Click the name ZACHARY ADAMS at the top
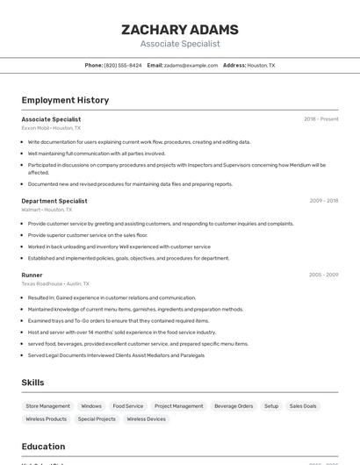[x=180, y=30]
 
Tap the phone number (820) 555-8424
[x=123, y=65]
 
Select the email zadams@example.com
[x=191, y=65]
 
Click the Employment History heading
[x=65, y=100]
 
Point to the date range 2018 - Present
[x=320, y=119]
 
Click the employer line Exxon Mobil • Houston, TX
[x=51, y=128]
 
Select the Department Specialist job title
[x=54, y=201]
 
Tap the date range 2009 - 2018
[x=323, y=201]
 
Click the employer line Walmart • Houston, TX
[x=47, y=210]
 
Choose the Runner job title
[x=32, y=275]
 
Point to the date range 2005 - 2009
[x=323, y=275]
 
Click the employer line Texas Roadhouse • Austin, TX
[x=55, y=283]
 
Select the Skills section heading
[x=32, y=383]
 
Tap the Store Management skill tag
[x=47, y=406]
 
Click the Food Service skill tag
[x=128, y=406]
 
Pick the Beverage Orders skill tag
[x=234, y=406]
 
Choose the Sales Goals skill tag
[x=303, y=406]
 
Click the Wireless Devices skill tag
[x=146, y=419]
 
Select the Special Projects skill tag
[x=97, y=419]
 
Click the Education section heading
[x=43, y=447]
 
